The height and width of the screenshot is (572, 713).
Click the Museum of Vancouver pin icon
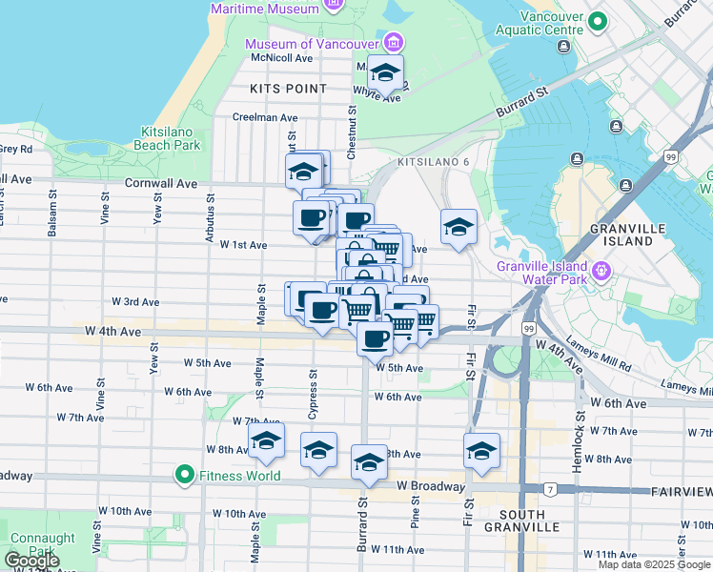[x=393, y=43]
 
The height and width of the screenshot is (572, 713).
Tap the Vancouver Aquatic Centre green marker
[x=598, y=20]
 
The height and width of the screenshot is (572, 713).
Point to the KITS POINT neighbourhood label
[x=288, y=89]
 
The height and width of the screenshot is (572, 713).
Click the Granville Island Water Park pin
[x=601, y=272]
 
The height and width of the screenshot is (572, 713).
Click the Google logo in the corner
[x=31, y=561]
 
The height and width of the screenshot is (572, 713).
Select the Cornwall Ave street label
[x=160, y=183]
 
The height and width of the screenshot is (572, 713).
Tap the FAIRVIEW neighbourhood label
[x=681, y=491]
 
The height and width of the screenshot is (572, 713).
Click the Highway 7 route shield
[x=550, y=490]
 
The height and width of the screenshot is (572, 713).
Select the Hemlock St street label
[x=577, y=454]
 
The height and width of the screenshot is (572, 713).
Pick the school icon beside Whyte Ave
[x=385, y=72]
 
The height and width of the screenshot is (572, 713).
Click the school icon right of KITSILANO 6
[x=458, y=227]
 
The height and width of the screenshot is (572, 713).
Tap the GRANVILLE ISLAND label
[x=621, y=235]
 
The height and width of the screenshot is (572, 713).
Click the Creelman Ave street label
[x=266, y=118]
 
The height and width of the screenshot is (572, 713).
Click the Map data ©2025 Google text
[x=653, y=564]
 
